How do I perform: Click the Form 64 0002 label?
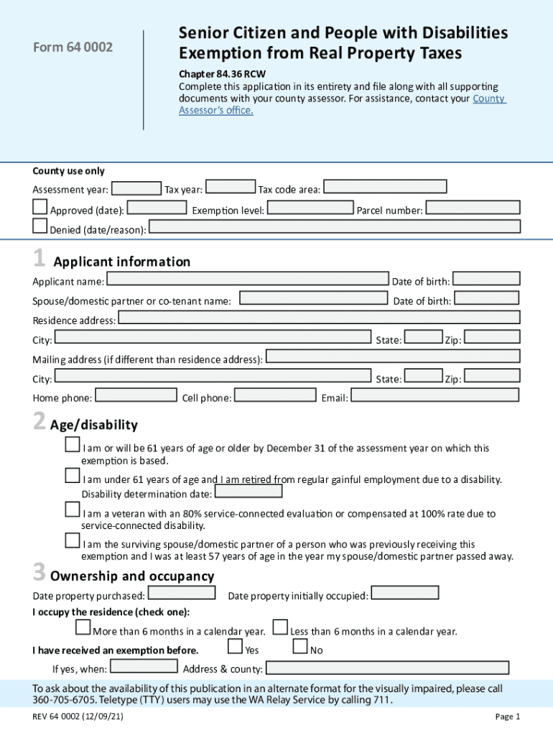click(73, 47)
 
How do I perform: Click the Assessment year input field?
click(136, 188)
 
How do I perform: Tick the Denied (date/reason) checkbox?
click(40, 227)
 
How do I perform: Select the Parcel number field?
click(473, 208)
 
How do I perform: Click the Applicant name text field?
click(247, 279)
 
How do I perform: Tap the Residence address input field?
click(318, 318)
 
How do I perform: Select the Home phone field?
click(136, 395)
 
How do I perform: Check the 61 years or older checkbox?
click(72, 446)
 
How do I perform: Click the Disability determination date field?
click(248, 492)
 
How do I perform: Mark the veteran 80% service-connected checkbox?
click(72, 510)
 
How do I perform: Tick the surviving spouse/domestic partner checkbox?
click(72, 540)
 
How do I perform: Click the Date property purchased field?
click(181, 593)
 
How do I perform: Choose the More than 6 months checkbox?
click(83, 628)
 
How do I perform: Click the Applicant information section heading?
click(120, 262)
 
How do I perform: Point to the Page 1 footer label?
click(507, 716)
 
